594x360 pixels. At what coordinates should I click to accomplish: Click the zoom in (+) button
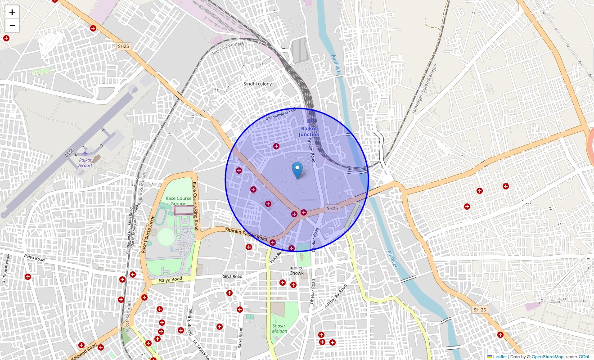pos(12,12)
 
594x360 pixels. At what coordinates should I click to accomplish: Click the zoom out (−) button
pos(12,26)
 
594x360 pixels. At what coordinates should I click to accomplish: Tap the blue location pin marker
pos(297,171)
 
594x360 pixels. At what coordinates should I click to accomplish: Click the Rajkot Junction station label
pos(309,132)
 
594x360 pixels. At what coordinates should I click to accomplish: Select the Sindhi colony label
pos(257,84)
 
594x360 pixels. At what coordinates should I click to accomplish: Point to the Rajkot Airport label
pos(85,162)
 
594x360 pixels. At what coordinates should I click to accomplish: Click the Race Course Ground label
pos(178,201)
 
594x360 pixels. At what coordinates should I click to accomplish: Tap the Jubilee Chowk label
pos(297,270)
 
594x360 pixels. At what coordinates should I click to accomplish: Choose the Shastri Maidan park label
pos(279,328)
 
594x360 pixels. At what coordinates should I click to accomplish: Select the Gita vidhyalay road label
pos(280,114)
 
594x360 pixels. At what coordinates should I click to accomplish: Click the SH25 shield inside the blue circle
pos(332,208)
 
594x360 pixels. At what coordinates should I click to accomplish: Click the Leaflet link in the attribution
pos(500,356)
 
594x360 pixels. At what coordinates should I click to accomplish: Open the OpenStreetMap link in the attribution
pos(547,356)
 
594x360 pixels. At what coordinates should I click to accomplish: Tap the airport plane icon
pos(85,153)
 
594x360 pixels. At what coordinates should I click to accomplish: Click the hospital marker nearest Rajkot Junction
pos(276,146)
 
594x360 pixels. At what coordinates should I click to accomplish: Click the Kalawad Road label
pos(84,351)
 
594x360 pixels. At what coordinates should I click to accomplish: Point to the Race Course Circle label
pos(148,234)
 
